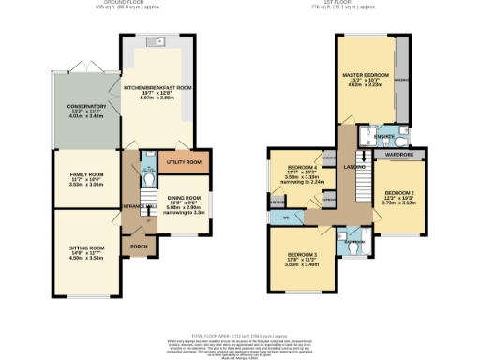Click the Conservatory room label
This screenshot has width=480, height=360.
(x=86, y=107)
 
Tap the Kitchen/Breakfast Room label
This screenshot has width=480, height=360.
(x=157, y=85)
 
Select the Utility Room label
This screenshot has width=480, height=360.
(x=181, y=162)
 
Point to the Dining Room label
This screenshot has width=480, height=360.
(x=184, y=198)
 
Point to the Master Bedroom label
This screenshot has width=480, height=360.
(x=365, y=73)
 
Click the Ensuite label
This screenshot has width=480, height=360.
(x=382, y=136)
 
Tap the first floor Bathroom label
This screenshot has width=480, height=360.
(x=354, y=241)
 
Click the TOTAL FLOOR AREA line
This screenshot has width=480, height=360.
(x=239, y=335)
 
